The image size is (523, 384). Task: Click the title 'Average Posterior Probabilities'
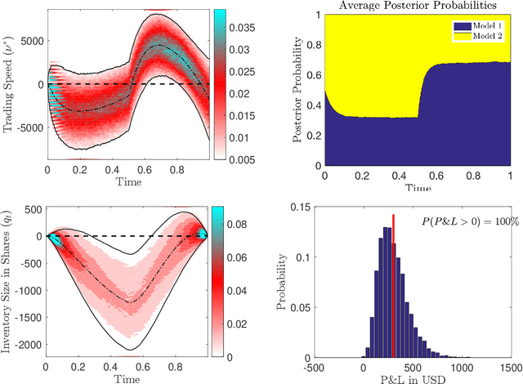tap(417, 7)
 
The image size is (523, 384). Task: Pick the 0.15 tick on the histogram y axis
tap(314, 208)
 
